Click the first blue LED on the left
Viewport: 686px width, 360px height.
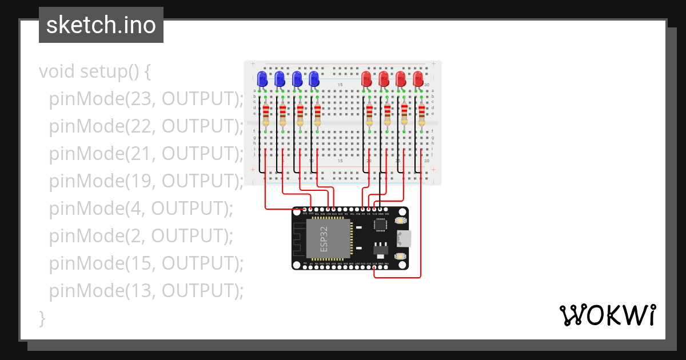[x=262, y=78]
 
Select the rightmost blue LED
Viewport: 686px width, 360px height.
[x=314, y=78]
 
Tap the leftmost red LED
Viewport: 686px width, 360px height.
[x=366, y=78]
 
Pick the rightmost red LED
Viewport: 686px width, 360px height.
[x=418, y=78]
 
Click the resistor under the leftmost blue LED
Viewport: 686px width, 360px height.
[x=266, y=114]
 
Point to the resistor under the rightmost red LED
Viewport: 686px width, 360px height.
[x=422, y=114]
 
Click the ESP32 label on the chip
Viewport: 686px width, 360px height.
[x=324, y=239]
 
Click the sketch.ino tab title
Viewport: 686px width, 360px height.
[x=101, y=25]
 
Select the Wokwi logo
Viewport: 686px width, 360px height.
[x=607, y=315]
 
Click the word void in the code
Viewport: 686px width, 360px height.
[x=57, y=71]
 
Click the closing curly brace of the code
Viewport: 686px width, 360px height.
[x=42, y=318]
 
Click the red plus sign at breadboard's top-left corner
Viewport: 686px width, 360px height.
[x=253, y=64]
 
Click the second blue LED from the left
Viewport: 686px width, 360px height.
[x=280, y=78]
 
